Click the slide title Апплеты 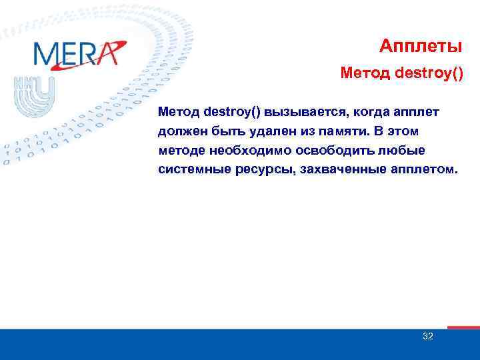pos(421,46)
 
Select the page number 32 pos(428,336)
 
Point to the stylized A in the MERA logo pos(109,53)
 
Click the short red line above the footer pos(463,327)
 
